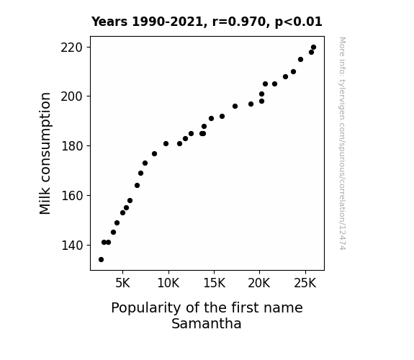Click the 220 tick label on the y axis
(72, 48)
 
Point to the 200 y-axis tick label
(72, 96)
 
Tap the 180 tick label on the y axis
(72, 146)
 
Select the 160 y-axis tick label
(72, 196)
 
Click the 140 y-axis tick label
(72, 246)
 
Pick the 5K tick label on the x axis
(123, 283)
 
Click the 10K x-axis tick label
(168, 283)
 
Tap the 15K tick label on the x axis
(214, 283)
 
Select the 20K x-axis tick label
(259, 283)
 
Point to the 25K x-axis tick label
(305, 283)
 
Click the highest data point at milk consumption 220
(313, 48)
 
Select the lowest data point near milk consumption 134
(101, 260)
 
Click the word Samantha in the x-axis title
(207, 323)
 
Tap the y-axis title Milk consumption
(45, 153)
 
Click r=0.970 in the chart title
(239, 22)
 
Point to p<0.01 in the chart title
(299, 22)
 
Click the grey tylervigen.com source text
(342, 143)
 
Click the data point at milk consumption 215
(300, 60)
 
